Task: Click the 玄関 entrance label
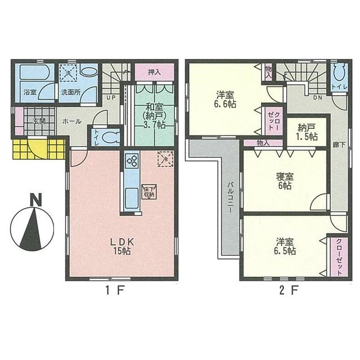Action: pos(39,120)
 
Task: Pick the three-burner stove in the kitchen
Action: pos(133,161)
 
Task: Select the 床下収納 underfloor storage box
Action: pos(148,191)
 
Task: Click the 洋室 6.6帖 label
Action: pos(224,98)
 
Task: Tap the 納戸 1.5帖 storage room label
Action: pos(304,132)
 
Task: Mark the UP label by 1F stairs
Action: pos(111,97)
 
